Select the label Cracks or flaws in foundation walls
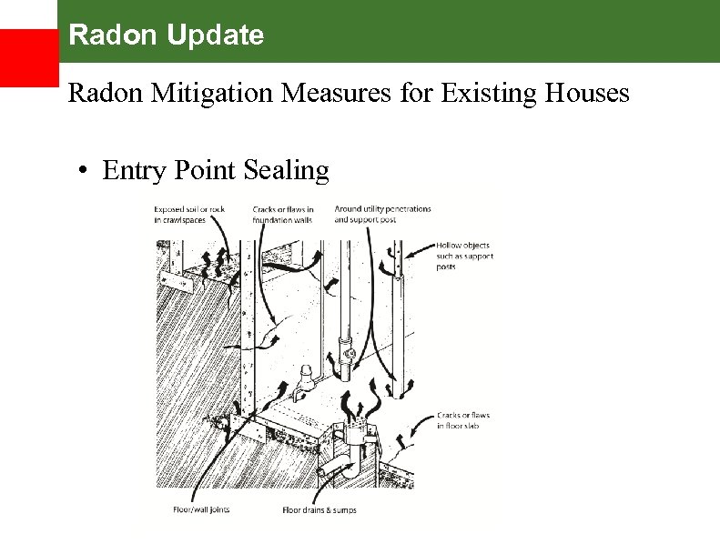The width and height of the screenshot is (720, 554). (x=283, y=215)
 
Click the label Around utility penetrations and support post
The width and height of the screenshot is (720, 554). (x=382, y=215)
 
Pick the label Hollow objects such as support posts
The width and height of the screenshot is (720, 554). (x=463, y=256)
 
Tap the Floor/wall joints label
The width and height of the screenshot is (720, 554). (x=201, y=509)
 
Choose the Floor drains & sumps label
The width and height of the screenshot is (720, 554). (x=319, y=509)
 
